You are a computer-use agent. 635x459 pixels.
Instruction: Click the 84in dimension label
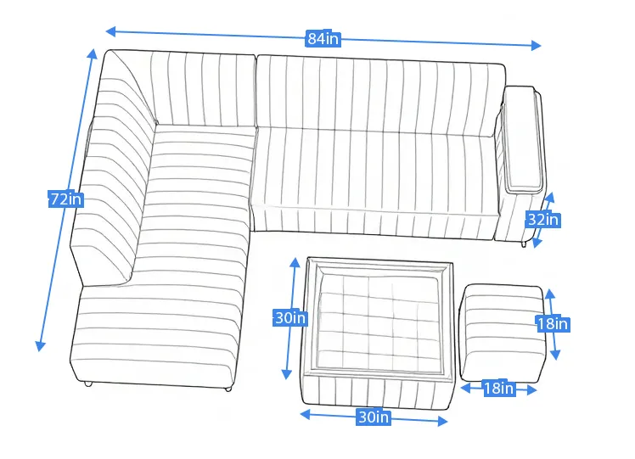(x=323, y=38)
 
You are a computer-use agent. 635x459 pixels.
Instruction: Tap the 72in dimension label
(x=66, y=199)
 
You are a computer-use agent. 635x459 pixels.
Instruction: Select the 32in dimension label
(x=543, y=220)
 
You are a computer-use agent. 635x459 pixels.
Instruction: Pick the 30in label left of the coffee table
(x=290, y=318)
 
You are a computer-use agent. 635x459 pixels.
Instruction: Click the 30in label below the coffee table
(x=374, y=417)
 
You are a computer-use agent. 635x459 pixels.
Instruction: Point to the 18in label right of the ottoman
(x=553, y=324)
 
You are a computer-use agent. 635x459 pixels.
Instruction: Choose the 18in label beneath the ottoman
(x=499, y=389)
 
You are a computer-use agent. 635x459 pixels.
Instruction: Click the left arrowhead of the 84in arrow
(x=110, y=31)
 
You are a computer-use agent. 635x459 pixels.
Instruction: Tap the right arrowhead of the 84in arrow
(x=537, y=45)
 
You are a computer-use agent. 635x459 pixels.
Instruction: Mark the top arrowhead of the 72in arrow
(x=93, y=53)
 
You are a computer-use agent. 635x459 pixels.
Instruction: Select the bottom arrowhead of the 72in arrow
(x=40, y=346)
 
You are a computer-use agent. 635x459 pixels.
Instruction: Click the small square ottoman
(x=503, y=333)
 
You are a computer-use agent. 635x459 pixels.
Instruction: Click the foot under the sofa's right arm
(x=525, y=244)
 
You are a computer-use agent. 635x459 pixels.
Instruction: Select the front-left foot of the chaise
(x=88, y=383)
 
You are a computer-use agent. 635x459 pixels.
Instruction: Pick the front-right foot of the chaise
(x=228, y=389)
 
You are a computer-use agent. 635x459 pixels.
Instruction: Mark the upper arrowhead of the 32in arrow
(x=550, y=198)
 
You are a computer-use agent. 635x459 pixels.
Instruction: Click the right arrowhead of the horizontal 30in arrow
(x=442, y=422)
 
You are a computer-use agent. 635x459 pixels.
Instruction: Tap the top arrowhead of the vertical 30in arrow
(x=295, y=262)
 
